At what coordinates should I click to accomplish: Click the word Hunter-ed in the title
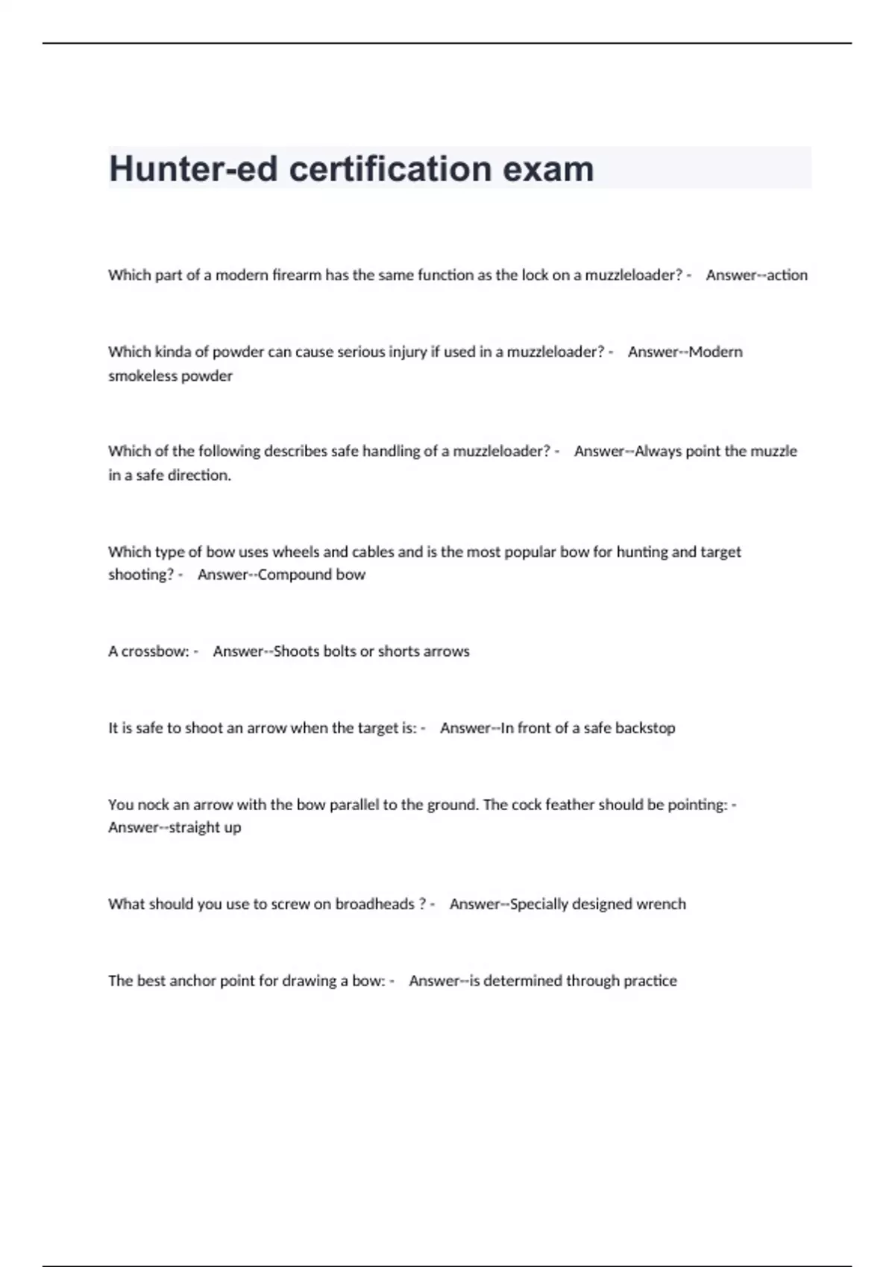coord(192,169)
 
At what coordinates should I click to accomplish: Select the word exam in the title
coord(548,169)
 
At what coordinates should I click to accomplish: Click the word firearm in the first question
coord(297,275)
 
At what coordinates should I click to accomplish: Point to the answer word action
coord(787,275)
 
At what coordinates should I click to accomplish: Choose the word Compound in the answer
coord(297,575)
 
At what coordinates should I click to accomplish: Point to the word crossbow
coord(155,651)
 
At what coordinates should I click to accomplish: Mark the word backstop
coord(645,728)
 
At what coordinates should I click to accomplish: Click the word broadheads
coord(374,904)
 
